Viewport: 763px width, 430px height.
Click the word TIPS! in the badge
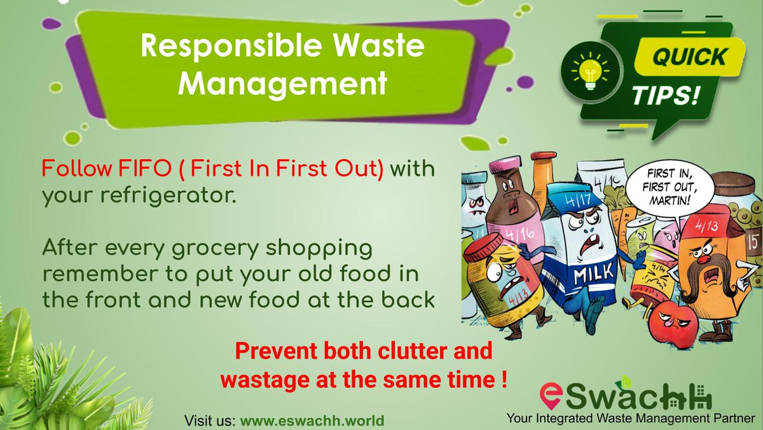point(665,97)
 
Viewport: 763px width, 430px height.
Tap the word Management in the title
point(282,83)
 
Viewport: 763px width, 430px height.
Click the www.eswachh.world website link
point(312,421)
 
